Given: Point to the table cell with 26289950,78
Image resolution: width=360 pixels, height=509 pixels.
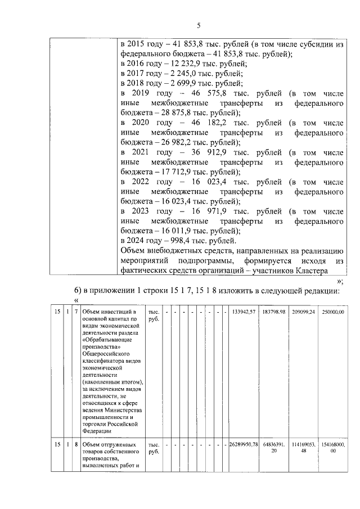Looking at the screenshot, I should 244,444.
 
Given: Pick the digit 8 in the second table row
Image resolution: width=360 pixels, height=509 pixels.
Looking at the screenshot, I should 76,444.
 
